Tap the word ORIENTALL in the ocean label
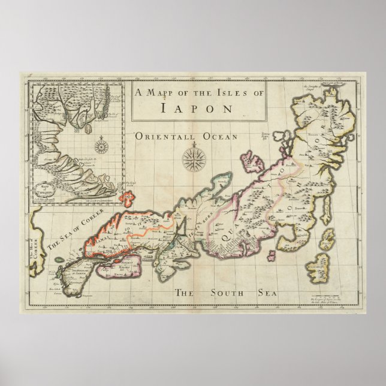tap(158, 137)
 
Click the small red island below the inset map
tap(126, 196)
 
